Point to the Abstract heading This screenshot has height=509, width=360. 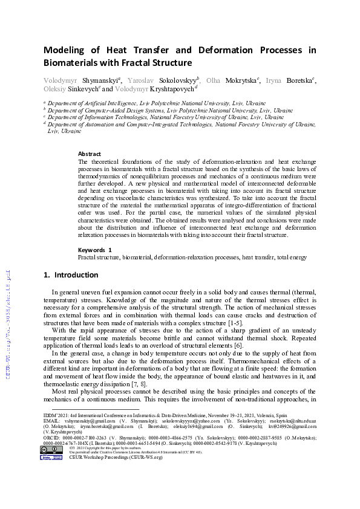90,154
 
